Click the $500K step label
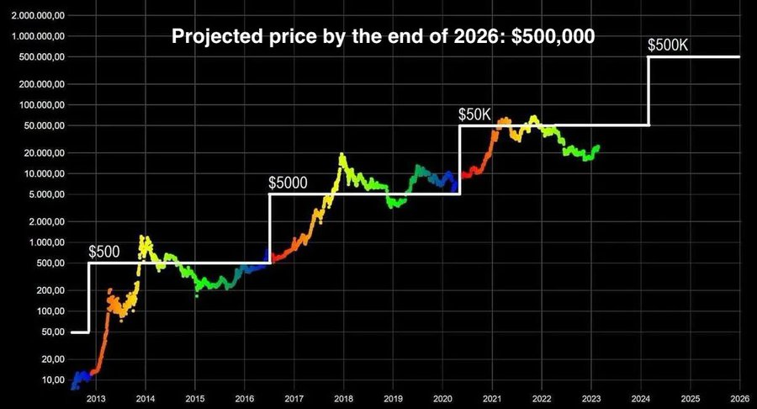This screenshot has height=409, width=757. [x=669, y=45]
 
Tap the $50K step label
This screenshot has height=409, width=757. [x=474, y=114]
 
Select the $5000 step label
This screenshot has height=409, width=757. [x=289, y=182]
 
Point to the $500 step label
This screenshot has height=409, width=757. [x=104, y=251]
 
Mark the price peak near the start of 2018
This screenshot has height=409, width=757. [x=341, y=155]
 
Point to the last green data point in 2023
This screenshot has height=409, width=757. [x=598, y=146]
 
